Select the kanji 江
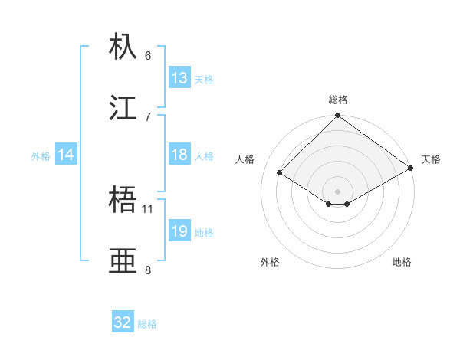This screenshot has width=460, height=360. click(x=124, y=108)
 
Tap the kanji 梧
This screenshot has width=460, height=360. click(x=124, y=201)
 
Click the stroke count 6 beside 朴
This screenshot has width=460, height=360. click(x=148, y=55)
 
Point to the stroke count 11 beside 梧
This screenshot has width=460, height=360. click(x=148, y=208)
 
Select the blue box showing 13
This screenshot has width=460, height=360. click(x=179, y=78)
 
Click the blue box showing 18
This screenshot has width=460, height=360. click(x=179, y=155)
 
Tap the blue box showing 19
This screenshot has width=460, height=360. click(x=179, y=231)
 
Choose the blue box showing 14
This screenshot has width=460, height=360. click(x=66, y=155)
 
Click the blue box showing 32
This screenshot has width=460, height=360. click(x=123, y=322)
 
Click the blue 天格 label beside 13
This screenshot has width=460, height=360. click(x=204, y=79)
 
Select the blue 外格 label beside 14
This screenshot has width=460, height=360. click(x=41, y=155)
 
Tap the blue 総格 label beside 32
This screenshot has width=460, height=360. click(x=147, y=323)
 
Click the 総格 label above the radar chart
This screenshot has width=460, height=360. click(x=338, y=100)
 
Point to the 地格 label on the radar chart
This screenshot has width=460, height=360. click(x=402, y=262)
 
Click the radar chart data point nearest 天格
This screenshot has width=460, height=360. click(x=412, y=169)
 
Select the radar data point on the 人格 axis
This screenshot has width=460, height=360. click(x=280, y=172)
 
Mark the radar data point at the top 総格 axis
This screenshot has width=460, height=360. click(x=338, y=116)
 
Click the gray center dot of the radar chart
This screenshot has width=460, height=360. click(x=338, y=191)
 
